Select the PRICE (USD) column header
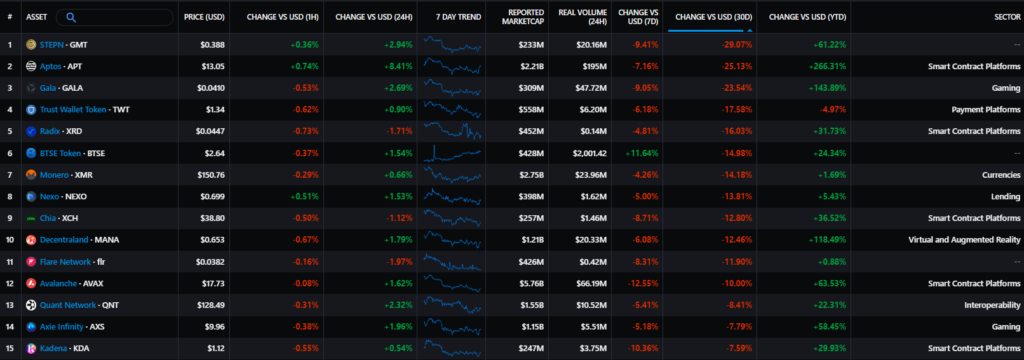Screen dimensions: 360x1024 205,17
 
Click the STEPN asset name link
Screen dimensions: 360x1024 53,45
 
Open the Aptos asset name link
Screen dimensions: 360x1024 52,66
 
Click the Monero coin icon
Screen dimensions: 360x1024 31,175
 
